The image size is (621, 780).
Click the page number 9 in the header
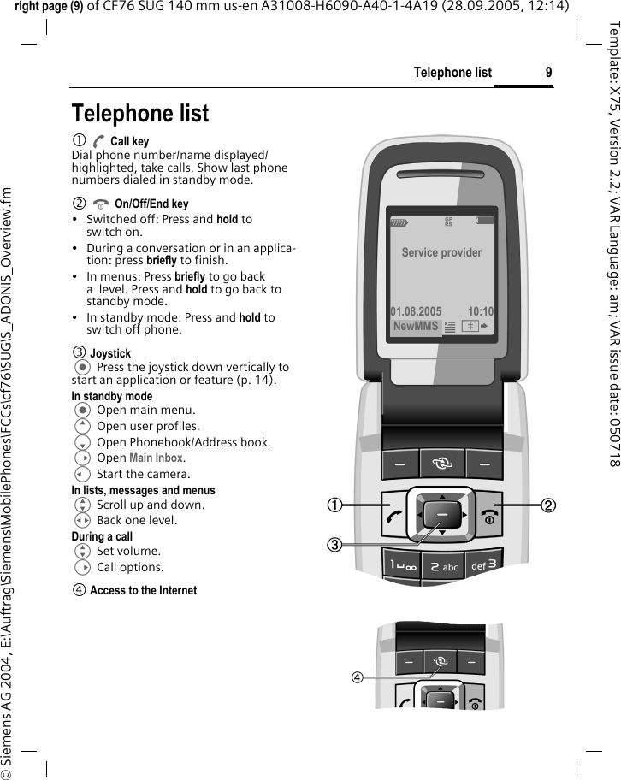click(547, 72)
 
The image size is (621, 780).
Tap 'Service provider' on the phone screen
click(441, 252)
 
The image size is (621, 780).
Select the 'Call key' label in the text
click(130, 141)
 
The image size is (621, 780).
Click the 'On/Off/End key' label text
click(151, 204)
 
